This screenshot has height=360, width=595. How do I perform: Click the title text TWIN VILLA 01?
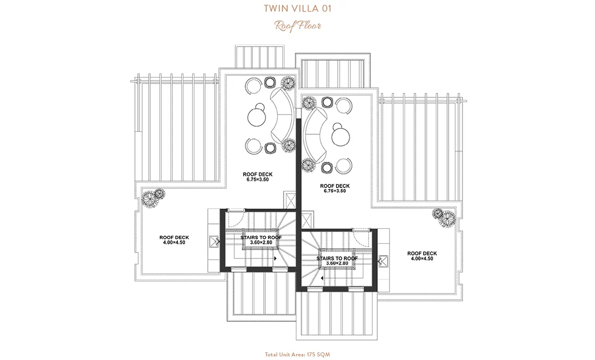297,9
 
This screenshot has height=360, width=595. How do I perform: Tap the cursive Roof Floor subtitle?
298,26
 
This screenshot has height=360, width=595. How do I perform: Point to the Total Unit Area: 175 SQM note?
297,354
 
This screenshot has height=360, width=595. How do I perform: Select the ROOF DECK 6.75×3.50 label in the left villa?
258,177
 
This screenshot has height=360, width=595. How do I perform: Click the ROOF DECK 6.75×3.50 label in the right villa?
335,189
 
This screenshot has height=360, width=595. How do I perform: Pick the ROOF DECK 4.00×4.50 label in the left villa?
174,240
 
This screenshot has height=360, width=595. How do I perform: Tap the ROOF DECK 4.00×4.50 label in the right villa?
422,256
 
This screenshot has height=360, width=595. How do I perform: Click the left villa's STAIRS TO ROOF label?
261,240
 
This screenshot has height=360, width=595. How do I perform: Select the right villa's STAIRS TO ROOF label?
337,260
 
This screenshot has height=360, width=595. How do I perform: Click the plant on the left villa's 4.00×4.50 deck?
153,198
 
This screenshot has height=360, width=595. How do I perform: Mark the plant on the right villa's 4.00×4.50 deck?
444,218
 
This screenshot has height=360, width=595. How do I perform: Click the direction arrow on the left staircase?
275,258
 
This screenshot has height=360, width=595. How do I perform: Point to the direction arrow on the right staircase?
322,279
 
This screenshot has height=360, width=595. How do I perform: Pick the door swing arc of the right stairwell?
361,237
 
